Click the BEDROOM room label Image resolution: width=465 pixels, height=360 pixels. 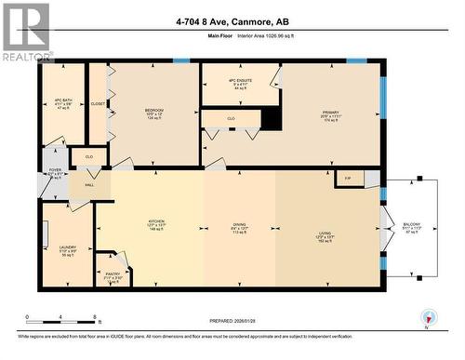[153, 110]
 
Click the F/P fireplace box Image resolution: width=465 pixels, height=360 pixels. [348, 177]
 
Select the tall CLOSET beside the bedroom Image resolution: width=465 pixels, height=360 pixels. [98, 103]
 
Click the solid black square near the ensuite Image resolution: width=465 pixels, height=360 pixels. [271, 119]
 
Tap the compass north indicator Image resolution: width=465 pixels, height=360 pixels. [428, 318]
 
